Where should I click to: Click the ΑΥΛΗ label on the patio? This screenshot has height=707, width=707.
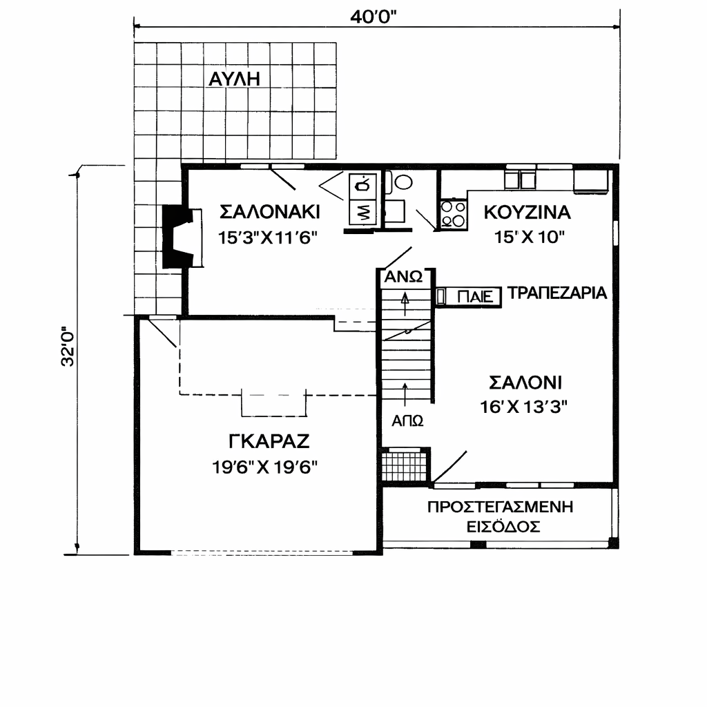(235, 79)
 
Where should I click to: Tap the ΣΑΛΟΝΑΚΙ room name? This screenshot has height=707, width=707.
(270, 212)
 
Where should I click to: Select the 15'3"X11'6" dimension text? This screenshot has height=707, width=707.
(269, 238)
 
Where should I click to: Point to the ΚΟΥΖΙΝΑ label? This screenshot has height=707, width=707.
(527, 213)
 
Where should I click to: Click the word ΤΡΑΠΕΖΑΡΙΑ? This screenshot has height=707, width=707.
(557, 293)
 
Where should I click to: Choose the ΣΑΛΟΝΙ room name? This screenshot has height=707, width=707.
(525, 382)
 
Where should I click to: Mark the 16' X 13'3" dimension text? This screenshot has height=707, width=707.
(523, 407)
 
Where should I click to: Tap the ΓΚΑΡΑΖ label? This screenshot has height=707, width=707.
(269, 441)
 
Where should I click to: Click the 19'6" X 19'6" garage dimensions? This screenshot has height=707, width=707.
(265, 467)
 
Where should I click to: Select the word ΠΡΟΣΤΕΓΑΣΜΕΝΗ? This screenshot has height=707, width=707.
(501, 507)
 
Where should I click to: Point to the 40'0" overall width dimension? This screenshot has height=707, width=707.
(374, 17)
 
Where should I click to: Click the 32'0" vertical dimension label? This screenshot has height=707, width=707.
(68, 347)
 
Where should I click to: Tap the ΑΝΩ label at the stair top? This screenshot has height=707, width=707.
(403, 277)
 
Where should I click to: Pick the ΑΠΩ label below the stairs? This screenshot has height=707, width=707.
(407, 421)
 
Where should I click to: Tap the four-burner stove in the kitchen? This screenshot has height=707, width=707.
(453, 214)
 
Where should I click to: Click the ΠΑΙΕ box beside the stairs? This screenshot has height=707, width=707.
(469, 297)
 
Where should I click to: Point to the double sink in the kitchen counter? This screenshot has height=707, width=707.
(520, 179)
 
